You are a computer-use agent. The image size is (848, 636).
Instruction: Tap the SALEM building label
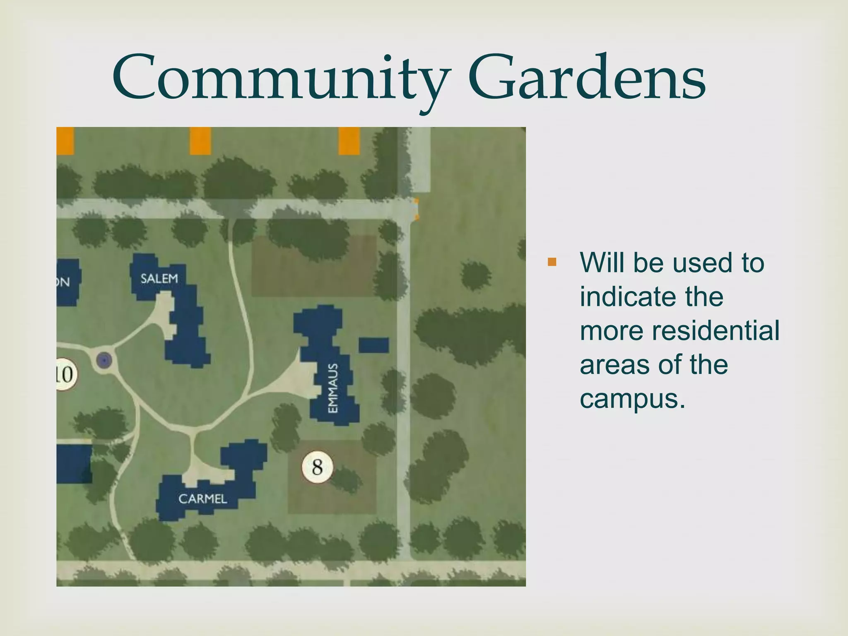tap(159, 278)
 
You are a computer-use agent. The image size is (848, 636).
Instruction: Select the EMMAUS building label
tap(333, 388)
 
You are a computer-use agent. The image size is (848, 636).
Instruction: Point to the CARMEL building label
tap(202, 499)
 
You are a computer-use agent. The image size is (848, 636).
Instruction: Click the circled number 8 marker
tap(317, 467)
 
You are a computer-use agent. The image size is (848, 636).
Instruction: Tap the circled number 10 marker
tap(65, 374)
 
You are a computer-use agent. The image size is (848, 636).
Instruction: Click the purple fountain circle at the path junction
tap(104, 360)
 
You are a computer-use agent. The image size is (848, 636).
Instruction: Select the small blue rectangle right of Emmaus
tap(373, 345)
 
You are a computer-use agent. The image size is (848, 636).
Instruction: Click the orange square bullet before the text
tap(552, 262)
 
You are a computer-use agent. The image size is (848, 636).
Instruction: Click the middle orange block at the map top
tap(200, 141)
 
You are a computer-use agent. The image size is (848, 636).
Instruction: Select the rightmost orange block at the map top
tap(349, 141)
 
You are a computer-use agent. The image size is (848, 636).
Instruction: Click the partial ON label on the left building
tap(63, 282)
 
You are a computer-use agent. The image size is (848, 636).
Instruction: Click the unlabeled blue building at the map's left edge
tap(73, 464)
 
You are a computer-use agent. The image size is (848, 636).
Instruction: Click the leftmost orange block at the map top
tap(65, 141)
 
